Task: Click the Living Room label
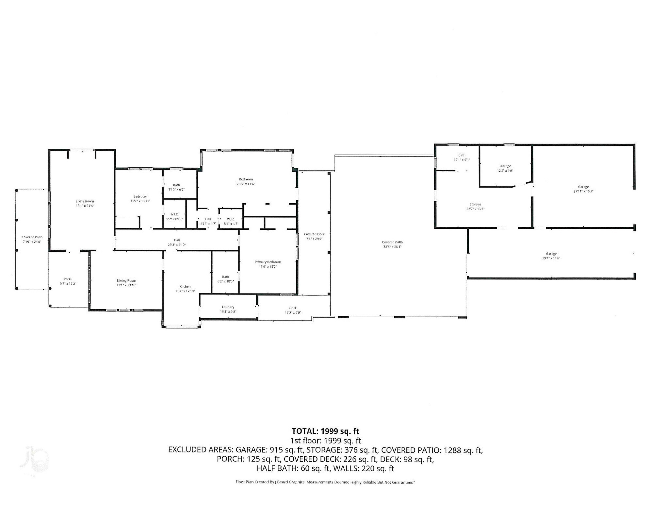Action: click(85, 201)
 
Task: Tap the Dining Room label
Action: click(126, 280)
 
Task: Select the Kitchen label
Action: click(185, 287)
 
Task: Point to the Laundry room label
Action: click(228, 307)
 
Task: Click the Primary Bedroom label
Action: click(268, 262)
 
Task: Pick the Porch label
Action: click(68, 279)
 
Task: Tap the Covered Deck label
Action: click(314, 234)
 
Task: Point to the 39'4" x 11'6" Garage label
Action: click(551, 254)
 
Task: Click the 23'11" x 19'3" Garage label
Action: click(583, 187)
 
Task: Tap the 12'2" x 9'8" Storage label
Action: click(505, 166)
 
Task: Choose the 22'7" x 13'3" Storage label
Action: click(475, 204)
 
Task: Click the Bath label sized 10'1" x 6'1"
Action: click(462, 155)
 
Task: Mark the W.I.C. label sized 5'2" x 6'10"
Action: click(174, 214)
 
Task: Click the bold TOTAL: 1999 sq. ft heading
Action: click(325, 431)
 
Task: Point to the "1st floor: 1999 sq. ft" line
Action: click(325, 440)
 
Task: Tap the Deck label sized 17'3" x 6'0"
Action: click(293, 308)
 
